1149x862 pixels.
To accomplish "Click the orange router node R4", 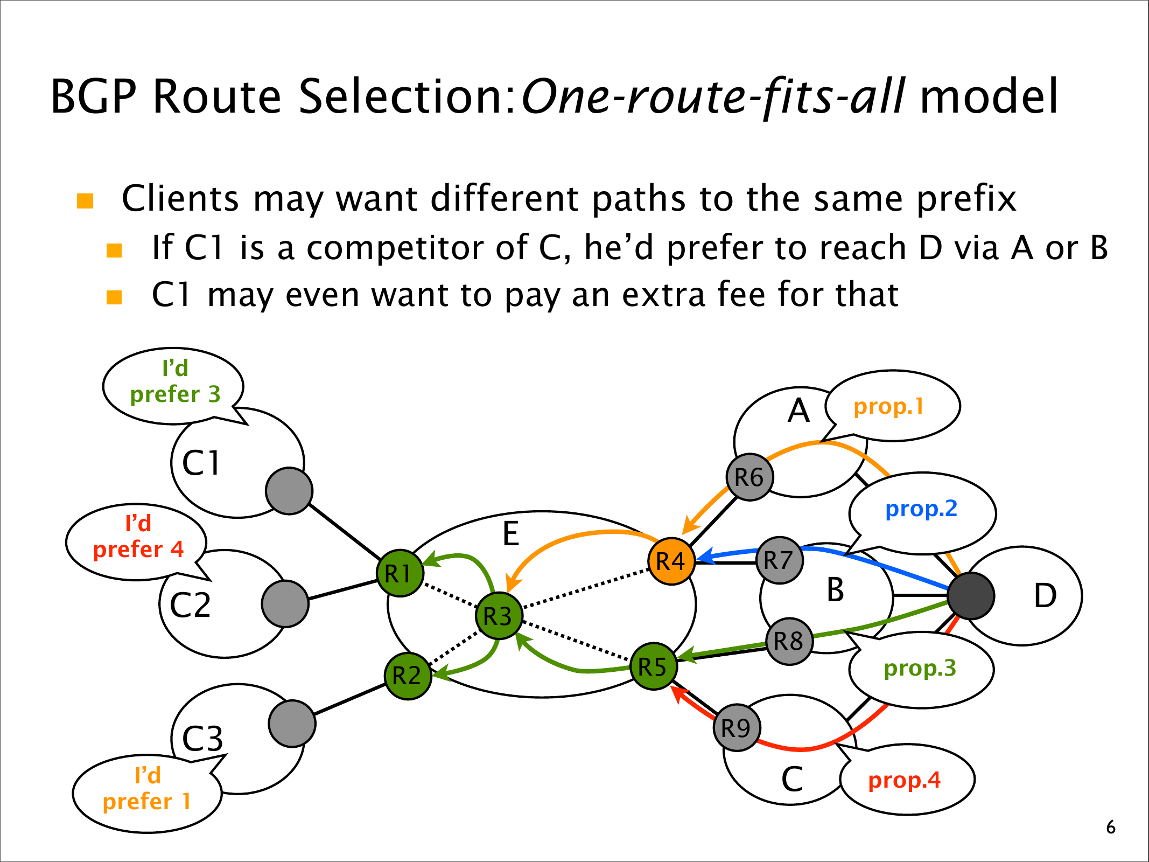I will click(671, 561).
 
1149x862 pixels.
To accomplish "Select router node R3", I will click(499, 616).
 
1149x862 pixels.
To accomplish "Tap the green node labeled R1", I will click(400, 573).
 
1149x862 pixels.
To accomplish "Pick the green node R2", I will click(408, 676).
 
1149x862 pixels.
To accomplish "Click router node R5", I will click(653, 666).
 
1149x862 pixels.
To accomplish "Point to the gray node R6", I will click(749, 477).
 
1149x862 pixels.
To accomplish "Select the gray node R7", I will click(779, 560).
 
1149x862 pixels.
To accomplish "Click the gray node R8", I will click(789, 641).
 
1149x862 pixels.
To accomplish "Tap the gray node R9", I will click(736, 728).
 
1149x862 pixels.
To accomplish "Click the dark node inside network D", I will click(970, 596).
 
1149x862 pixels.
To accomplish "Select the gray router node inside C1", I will click(289, 491).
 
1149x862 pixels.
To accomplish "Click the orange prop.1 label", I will click(888, 406).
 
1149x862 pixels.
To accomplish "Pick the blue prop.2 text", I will click(921, 509).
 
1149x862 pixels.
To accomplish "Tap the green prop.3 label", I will click(920, 668).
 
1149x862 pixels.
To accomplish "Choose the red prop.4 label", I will click(904, 780).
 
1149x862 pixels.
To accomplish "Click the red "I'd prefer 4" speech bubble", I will click(138, 537).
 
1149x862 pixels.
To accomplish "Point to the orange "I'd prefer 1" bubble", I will click(147, 789).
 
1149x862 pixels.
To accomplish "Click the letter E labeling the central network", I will click(510, 534).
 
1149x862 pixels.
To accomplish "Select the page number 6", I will click(1110, 827).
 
